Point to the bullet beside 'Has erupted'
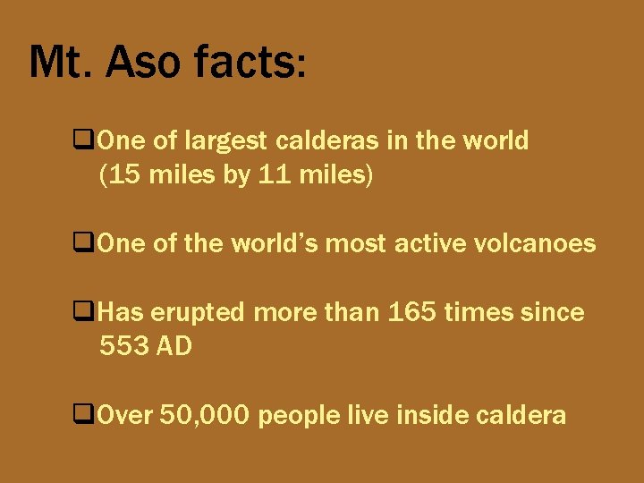[x=86, y=313]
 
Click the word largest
[x=225, y=141]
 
